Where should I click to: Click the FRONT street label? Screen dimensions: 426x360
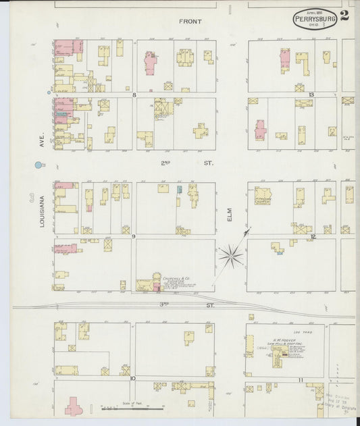point(190,22)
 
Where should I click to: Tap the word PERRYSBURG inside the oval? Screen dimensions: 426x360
point(315,20)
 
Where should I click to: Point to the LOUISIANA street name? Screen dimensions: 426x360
point(42,211)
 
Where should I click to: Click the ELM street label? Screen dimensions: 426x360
point(230,215)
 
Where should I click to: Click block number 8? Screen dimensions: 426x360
point(134,95)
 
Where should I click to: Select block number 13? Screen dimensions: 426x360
point(311,95)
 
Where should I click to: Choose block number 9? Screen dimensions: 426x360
point(134,236)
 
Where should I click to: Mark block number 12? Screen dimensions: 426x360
point(313,236)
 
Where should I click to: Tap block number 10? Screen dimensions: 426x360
point(133,379)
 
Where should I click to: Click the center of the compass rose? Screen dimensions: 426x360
point(231,255)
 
